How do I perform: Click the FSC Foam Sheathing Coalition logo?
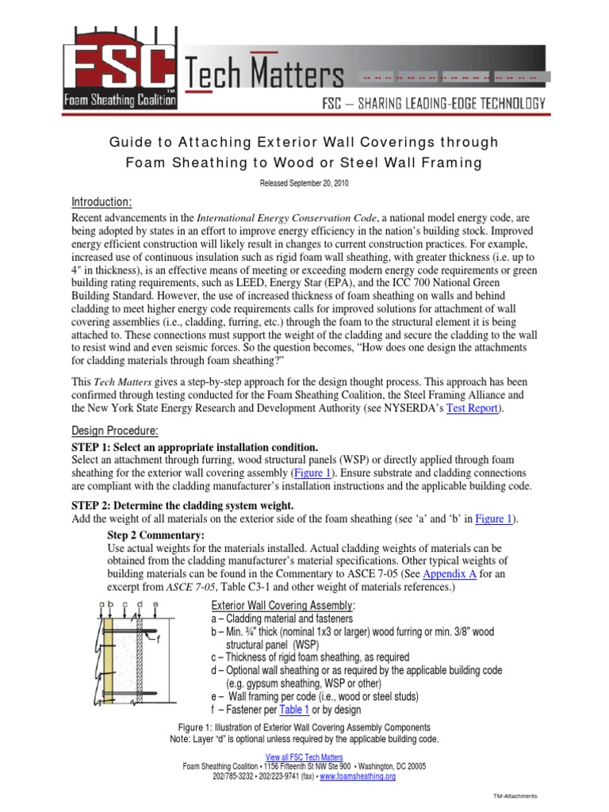(x=121, y=67)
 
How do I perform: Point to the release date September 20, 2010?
(x=304, y=182)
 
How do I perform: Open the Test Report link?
(x=473, y=409)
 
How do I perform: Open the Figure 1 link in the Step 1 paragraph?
(x=313, y=473)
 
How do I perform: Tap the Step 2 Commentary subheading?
(x=153, y=535)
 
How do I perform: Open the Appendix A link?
(x=448, y=573)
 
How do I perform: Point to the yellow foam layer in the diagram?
(x=109, y=655)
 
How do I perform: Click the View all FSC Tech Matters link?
(x=304, y=758)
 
